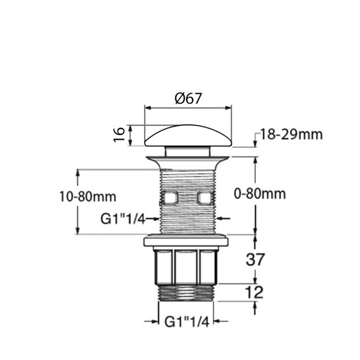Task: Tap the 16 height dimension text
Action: (119, 134)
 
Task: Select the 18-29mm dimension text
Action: (291, 134)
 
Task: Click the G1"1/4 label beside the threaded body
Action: (122, 220)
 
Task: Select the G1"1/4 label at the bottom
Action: (185, 322)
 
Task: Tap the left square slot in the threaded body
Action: (170, 197)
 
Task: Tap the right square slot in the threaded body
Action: (205, 197)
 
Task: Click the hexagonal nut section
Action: (185, 267)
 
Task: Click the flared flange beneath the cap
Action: (187, 161)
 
